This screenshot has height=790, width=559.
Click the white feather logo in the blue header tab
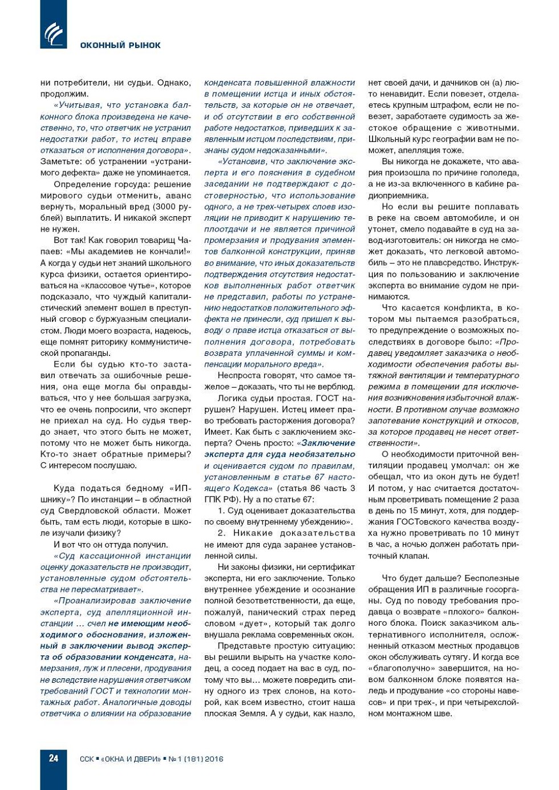point(53,33)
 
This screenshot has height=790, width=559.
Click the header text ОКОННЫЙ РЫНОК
point(120,45)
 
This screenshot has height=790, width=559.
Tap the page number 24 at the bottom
point(53,758)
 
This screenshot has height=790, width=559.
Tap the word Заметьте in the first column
point(60,161)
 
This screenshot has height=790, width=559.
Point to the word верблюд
point(333,387)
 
